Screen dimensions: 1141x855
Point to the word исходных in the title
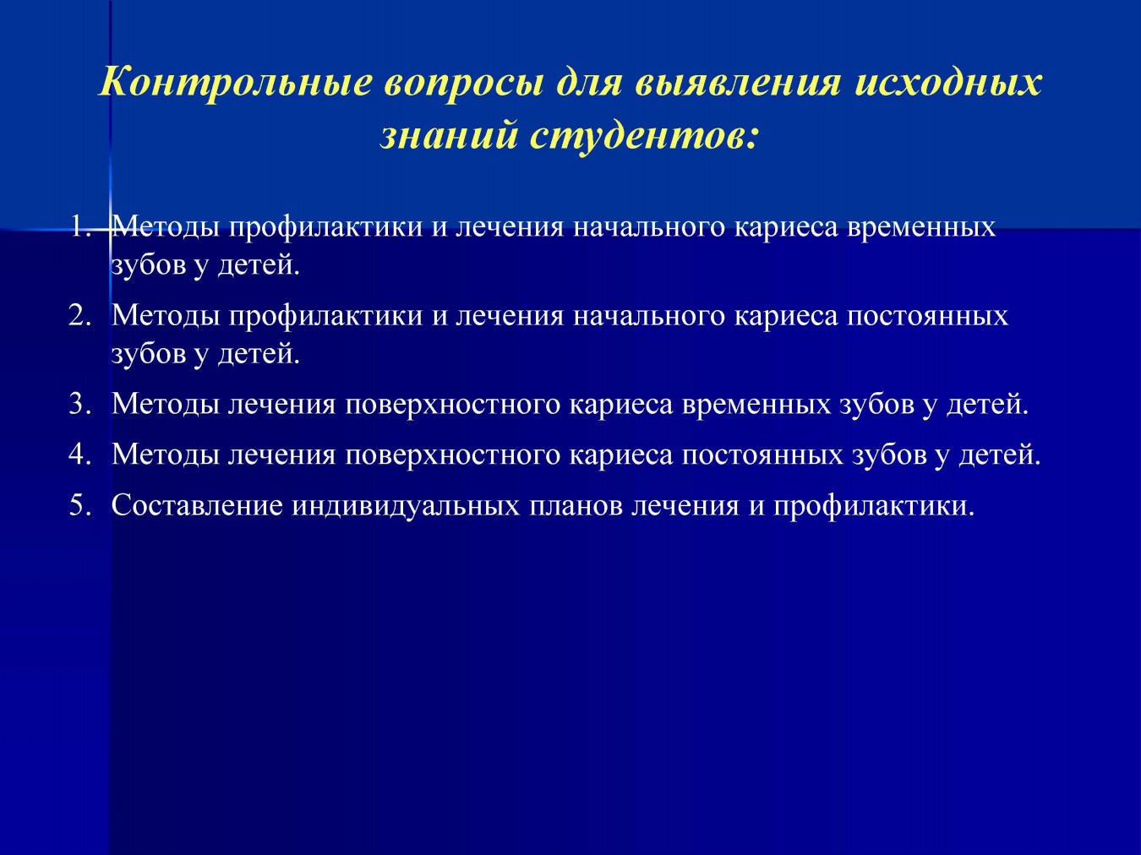947,82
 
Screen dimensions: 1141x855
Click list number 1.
81,227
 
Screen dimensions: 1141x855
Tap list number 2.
80,315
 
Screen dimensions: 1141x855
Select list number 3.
80,404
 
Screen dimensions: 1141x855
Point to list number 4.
80,455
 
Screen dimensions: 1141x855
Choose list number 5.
80,505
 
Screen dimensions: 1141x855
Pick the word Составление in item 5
197,506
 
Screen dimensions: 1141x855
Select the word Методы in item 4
165,456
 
